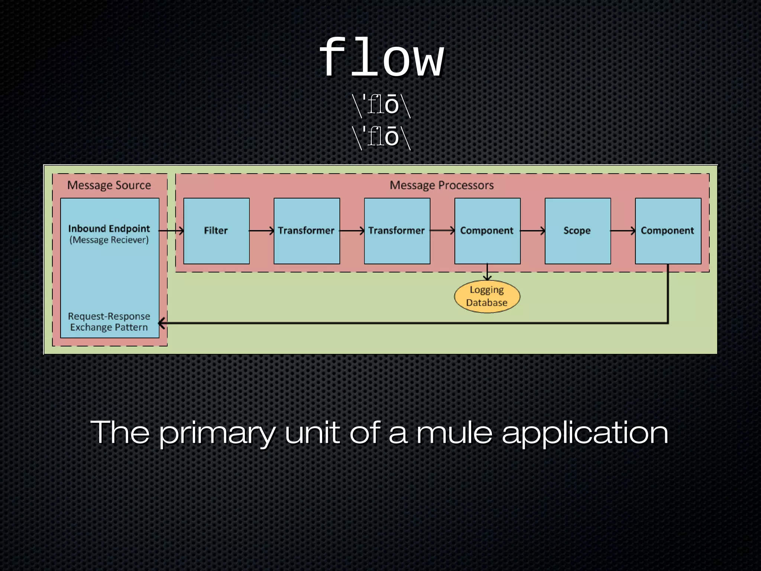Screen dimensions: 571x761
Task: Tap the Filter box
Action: tap(216, 231)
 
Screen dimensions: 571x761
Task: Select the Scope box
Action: tap(577, 231)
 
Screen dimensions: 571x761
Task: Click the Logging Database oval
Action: tap(487, 296)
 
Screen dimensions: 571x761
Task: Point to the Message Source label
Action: tap(109, 185)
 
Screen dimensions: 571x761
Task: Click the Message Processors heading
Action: tap(441, 185)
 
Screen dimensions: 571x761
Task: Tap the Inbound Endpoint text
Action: tap(109, 228)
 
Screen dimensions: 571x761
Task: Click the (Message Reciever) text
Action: tap(109, 240)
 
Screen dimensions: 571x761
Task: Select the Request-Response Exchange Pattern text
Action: tap(109, 322)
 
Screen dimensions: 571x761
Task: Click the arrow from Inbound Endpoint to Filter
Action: tap(171, 231)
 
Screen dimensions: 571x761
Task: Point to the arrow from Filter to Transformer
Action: tap(262, 231)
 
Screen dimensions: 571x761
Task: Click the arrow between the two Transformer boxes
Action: tap(352, 231)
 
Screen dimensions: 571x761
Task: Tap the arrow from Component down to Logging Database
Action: tap(487, 272)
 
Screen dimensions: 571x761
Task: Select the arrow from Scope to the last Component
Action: tap(623, 231)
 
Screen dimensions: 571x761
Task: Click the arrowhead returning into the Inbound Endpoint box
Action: tap(162, 323)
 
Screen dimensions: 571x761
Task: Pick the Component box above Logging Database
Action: tap(487, 231)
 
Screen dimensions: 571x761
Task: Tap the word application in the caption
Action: tap(585, 433)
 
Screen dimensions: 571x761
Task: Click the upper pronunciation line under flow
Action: tap(381, 105)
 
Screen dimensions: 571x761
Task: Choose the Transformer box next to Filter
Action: tap(307, 231)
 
